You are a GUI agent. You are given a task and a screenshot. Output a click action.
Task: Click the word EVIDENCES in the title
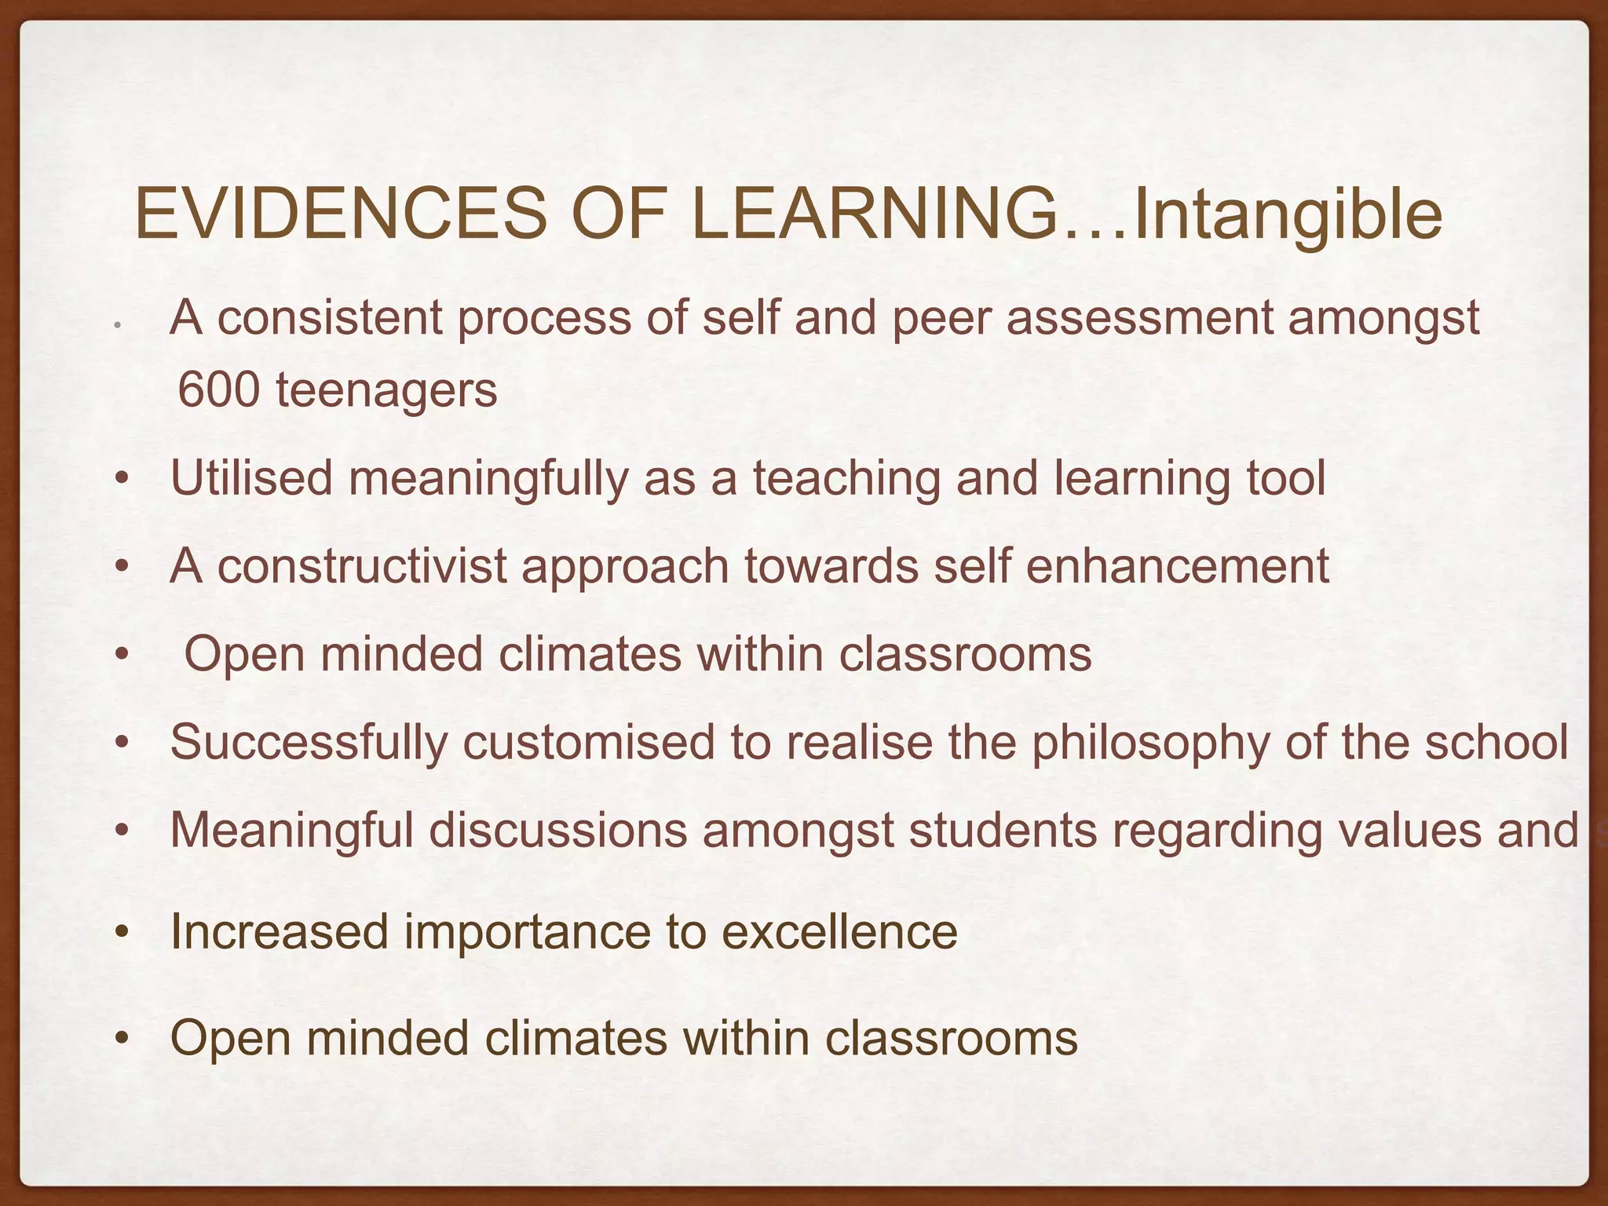(340, 214)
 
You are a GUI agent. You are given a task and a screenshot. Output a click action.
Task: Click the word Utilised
(251, 477)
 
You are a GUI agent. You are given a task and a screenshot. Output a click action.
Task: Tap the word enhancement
(1177, 565)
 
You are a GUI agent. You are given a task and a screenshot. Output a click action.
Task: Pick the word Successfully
(309, 743)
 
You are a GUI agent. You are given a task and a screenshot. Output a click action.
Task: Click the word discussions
(557, 830)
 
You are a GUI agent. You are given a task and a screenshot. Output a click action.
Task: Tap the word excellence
(839, 932)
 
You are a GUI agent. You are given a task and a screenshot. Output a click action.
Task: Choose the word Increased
(280, 932)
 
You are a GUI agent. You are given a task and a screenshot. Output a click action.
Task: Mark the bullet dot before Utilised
(120, 479)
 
